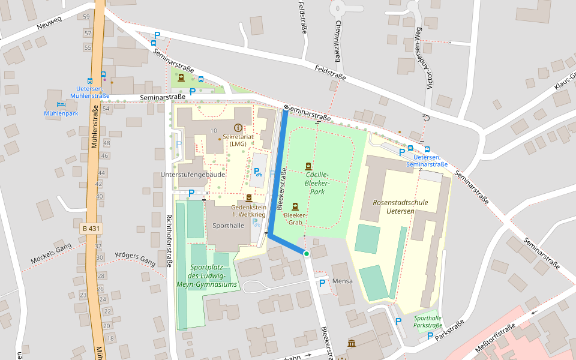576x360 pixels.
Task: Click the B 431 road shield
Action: click(91, 229)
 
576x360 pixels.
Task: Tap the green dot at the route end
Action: click(306, 254)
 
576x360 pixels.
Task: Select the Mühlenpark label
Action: click(61, 113)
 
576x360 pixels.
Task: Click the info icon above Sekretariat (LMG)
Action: click(238, 128)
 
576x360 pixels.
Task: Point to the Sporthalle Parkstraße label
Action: click(428, 322)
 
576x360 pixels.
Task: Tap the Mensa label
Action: click(343, 281)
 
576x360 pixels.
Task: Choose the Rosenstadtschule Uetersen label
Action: click(400, 206)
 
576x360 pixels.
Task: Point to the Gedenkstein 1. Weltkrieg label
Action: click(248, 210)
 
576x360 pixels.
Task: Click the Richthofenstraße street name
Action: click(169, 240)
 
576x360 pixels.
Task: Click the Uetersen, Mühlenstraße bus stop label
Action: click(89, 92)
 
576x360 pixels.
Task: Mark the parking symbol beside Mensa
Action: click(322, 283)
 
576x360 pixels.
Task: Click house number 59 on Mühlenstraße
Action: click(88, 17)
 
